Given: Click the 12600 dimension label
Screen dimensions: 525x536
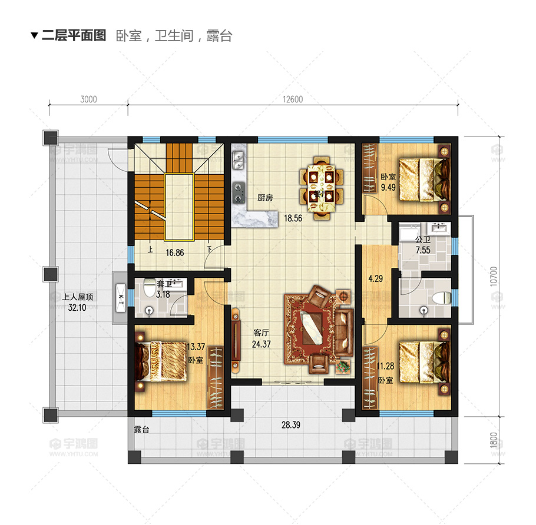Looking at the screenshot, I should [x=292, y=99].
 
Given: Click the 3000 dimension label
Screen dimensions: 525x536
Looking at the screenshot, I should [x=88, y=99].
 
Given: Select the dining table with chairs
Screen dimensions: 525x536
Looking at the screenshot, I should [x=320, y=187].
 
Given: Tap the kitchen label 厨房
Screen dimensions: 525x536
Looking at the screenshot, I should [x=265, y=198].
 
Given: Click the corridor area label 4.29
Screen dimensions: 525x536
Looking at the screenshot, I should [x=375, y=279].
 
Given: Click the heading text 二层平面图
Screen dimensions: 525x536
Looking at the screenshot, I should [x=74, y=36].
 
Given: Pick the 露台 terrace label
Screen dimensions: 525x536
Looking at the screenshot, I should [x=141, y=430].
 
